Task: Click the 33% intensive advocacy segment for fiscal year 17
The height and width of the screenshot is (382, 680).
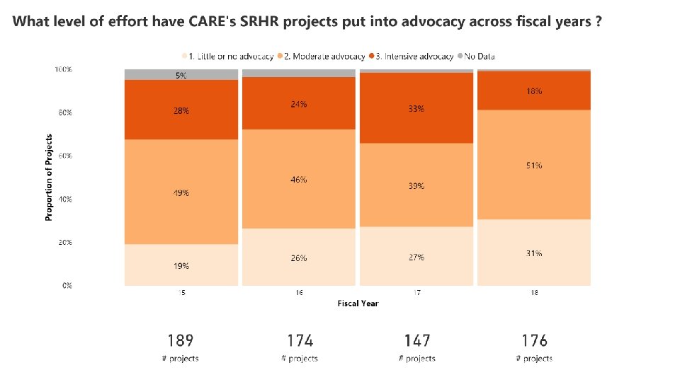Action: [416, 108]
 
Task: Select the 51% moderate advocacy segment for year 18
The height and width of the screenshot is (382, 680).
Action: [534, 165]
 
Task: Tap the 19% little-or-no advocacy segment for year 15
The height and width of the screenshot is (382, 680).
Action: [181, 265]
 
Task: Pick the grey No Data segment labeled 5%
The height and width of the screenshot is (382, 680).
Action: [181, 75]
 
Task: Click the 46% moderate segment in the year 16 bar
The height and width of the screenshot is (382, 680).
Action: [299, 180]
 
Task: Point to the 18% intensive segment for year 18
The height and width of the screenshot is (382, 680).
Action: [534, 91]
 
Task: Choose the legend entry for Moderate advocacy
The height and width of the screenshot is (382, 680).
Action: [326, 56]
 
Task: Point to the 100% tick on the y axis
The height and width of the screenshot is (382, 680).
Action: [63, 69]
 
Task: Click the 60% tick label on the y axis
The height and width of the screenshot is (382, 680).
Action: [64, 156]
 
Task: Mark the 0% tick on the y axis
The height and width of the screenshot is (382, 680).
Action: [67, 285]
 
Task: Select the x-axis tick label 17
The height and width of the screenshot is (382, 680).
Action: [416, 292]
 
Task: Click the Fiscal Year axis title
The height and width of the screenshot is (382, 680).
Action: [358, 303]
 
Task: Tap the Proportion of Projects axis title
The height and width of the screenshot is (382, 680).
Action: [49, 177]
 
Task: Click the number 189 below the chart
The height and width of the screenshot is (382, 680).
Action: [180, 342]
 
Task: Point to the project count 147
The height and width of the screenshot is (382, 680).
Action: [416, 342]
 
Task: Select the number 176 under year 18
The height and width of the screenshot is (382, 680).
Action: [534, 342]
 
